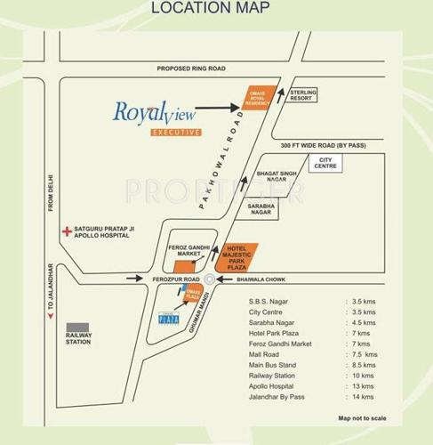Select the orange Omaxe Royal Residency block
pyautogui.click(x=257, y=98)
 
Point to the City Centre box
pyautogui.click(x=325, y=165)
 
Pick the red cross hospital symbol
pyautogui.click(x=67, y=231)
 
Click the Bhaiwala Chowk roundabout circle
pyautogui.click(x=209, y=279)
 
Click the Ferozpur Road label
pyautogui.click(x=172, y=280)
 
